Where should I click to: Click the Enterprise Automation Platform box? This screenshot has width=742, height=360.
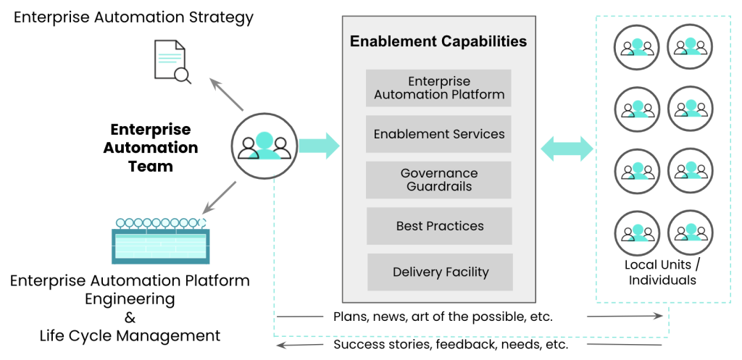click(438, 88)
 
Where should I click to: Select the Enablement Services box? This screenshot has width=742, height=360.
click(438, 134)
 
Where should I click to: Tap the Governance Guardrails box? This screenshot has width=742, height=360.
click(439, 180)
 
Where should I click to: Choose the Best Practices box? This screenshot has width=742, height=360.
click(439, 226)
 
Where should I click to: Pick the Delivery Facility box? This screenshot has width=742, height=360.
click(441, 272)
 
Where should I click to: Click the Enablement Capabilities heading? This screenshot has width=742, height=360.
click(438, 41)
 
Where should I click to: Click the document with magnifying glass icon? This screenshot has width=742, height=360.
click(171, 60)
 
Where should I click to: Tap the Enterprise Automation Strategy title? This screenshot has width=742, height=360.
click(133, 17)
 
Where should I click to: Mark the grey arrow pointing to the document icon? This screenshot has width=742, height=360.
click(224, 93)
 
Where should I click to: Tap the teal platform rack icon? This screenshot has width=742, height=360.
click(160, 240)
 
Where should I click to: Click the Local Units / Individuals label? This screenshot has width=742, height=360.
click(662, 272)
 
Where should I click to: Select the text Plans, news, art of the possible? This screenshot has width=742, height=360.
click(443, 317)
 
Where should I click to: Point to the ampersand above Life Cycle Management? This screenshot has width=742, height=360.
click(130, 317)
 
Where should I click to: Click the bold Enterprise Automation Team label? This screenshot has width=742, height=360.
click(151, 148)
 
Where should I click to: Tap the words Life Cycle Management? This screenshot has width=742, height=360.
click(130, 336)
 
